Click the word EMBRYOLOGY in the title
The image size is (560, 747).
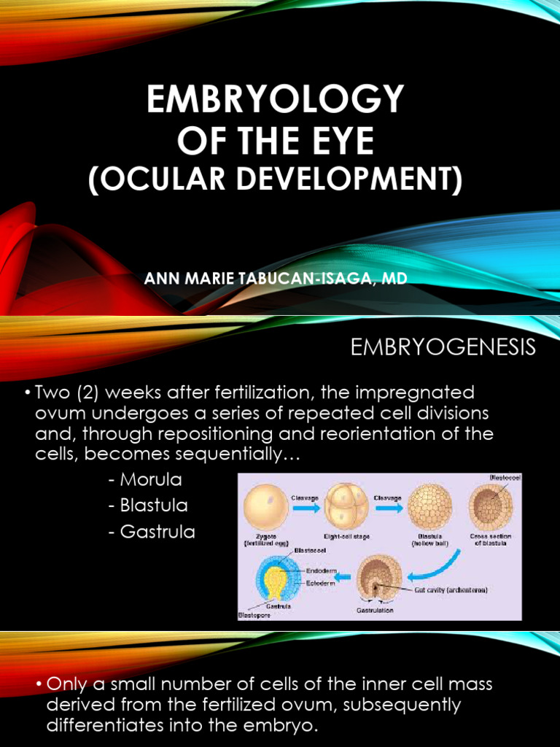point(275,99)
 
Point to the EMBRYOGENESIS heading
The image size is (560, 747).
point(443,348)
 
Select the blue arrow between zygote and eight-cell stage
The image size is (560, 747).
point(306,508)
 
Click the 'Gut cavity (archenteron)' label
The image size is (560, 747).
point(451,589)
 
